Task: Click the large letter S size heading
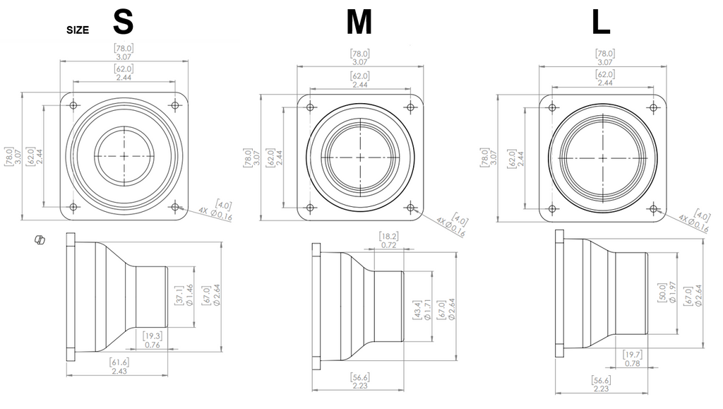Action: tap(123, 22)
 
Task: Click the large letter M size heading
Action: tap(359, 22)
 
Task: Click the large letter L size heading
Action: tap(601, 22)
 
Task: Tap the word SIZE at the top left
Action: tap(78, 30)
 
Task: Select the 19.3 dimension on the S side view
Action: tap(153, 340)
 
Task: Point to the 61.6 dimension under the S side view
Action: tap(119, 366)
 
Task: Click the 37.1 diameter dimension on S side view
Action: tap(184, 295)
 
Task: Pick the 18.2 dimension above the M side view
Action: tap(389, 240)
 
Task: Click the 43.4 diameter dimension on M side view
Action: tap(422, 310)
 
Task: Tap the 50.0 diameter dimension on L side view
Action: tap(667, 293)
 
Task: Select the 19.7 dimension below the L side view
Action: tap(632, 359)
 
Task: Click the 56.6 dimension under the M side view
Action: tap(359, 381)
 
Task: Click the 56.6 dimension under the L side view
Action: tap(602, 384)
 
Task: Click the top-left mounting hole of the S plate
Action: tap(73, 105)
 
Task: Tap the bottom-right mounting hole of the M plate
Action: tap(410, 208)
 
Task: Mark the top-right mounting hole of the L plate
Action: tap(653, 108)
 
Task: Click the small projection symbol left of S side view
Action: tap(40, 239)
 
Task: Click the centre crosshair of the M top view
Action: tap(360, 158)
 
